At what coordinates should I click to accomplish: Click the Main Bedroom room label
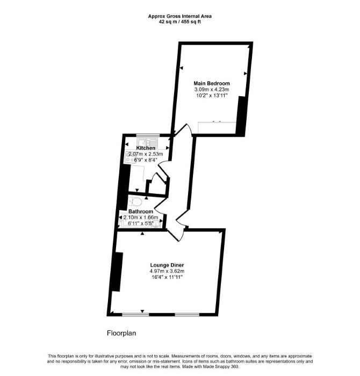pyautogui.click(x=212, y=83)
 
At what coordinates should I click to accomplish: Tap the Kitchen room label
pyautogui.click(x=146, y=148)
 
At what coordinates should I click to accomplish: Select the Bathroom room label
pyautogui.click(x=141, y=212)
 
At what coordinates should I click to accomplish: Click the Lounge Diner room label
pyautogui.click(x=167, y=265)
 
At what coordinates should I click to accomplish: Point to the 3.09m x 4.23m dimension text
pyautogui.click(x=212, y=90)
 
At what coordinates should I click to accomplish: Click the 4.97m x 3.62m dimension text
pyautogui.click(x=167, y=271)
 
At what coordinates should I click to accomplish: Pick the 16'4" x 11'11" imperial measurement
pyautogui.click(x=167, y=277)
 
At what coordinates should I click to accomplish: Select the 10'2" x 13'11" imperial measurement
pyautogui.click(x=212, y=96)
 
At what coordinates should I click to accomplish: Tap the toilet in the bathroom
pyautogui.click(x=135, y=201)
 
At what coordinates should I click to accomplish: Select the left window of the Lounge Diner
pyautogui.click(x=135, y=314)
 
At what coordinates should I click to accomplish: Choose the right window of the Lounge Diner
pyautogui.click(x=187, y=314)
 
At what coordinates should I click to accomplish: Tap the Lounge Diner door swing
pyautogui.click(x=176, y=235)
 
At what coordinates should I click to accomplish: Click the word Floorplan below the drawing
pyautogui.click(x=121, y=334)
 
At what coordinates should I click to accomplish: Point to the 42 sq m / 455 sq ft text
pyautogui.click(x=180, y=22)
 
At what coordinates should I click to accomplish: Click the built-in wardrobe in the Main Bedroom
pyautogui.click(x=217, y=128)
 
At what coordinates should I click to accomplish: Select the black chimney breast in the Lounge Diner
pyautogui.click(x=117, y=272)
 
